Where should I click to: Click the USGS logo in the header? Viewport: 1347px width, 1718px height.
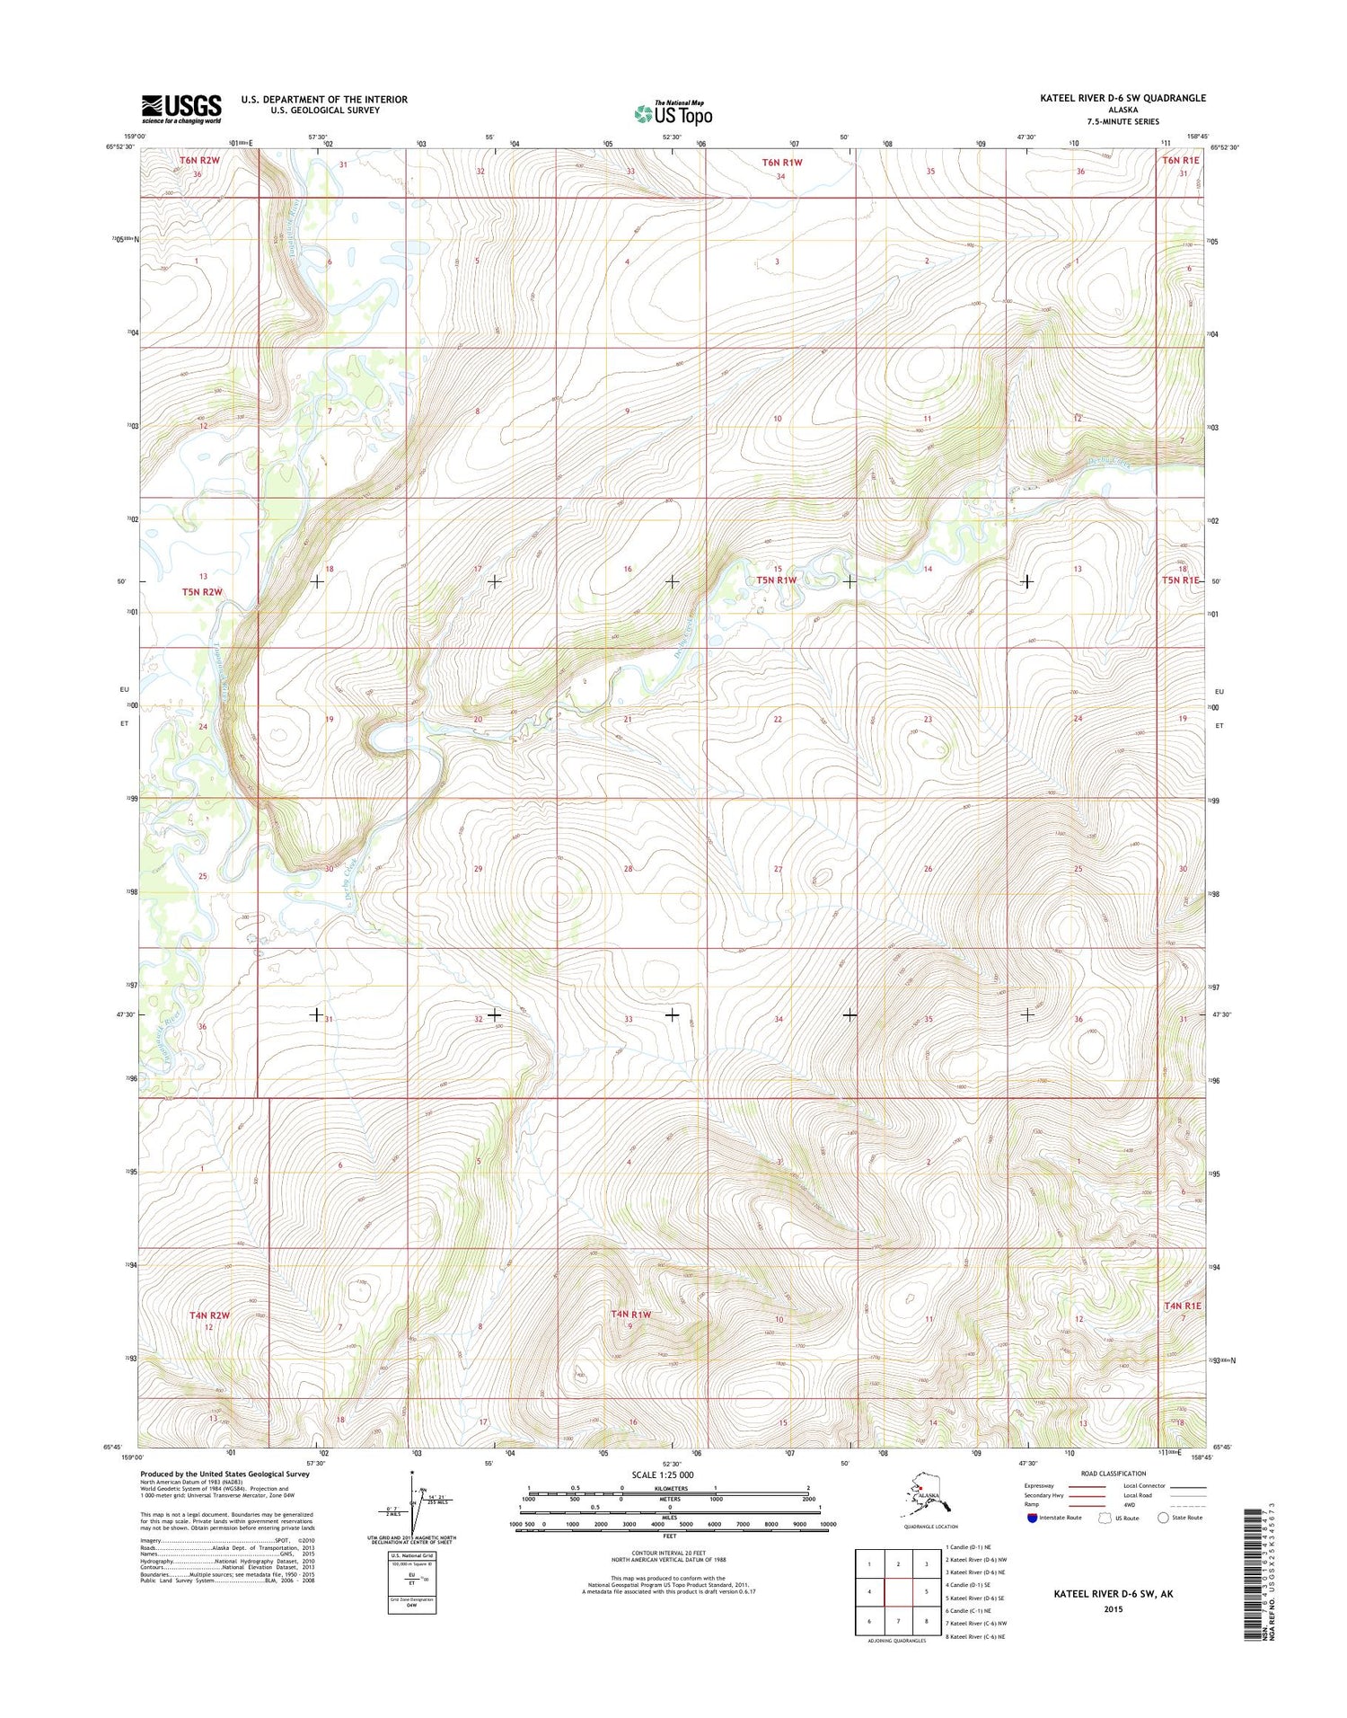pos(181,109)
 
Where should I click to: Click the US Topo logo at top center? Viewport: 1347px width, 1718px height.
pos(673,113)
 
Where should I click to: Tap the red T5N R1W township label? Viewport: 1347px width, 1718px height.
pos(776,580)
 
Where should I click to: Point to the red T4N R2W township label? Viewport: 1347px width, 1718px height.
pos(209,1315)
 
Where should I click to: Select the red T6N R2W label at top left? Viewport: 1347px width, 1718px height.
pos(199,160)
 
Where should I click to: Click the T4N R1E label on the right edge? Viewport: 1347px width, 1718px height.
pos(1182,1306)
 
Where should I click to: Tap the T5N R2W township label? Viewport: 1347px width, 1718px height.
pos(202,591)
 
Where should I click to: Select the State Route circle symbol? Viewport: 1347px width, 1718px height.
pos(1164,1518)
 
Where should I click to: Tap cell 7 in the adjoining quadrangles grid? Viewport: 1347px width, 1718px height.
pos(898,1621)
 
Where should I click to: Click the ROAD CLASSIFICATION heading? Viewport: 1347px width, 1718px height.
pos(1114,1474)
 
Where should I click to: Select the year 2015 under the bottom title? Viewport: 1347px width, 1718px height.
pos(1113,1608)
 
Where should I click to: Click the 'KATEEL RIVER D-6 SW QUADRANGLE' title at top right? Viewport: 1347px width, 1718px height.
pos(1122,98)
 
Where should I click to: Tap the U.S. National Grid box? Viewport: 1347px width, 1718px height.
pos(412,1582)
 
